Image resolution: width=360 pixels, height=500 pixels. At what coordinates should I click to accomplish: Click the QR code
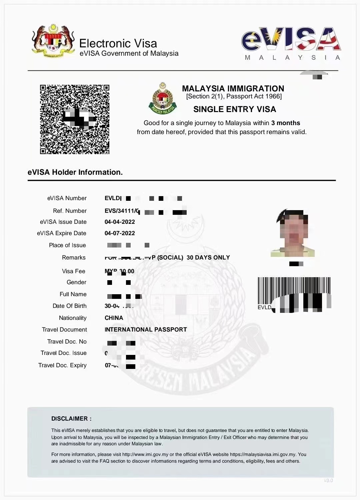(x=75, y=119)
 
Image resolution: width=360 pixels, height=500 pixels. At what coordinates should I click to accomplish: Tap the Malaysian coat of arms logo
(x=53, y=41)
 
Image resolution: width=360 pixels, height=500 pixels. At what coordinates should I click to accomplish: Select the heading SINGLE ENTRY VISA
(x=235, y=109)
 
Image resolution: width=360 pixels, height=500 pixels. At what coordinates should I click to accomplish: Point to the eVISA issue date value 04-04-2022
(x=120, y=222)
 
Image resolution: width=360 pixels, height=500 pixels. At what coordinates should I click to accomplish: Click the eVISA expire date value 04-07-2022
(x=120, y=233)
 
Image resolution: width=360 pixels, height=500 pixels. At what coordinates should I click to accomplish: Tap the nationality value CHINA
(x=114, y=318)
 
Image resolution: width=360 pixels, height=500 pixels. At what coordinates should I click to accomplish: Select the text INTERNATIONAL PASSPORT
(x=146, y=330)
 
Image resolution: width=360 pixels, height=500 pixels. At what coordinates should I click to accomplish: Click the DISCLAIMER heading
(x=71, y=419)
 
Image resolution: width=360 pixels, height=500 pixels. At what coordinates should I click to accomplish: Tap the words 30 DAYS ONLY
(x=208, y=258)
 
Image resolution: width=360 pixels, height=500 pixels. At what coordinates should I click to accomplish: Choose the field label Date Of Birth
(x=69, y=306)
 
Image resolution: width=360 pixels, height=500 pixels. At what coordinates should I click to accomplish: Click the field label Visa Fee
(x=73, y=271)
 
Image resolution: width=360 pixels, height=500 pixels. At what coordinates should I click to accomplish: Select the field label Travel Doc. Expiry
(x=62, y=365)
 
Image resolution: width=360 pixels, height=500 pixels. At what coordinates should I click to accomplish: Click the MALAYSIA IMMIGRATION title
(x=233, y=88)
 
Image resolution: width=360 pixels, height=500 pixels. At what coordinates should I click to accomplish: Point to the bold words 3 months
(x=286, y=123)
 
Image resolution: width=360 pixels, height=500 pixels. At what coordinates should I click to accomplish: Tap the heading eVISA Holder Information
(x=75, y=172)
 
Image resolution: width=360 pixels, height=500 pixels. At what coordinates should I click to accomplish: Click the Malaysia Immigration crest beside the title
(x=163, y=98)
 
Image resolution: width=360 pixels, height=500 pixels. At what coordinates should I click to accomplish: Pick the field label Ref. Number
(x=70, y=211)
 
